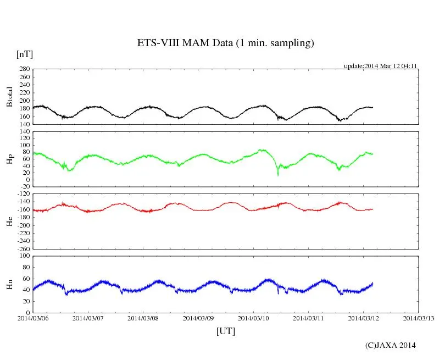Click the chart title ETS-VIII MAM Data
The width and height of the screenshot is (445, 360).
pyautogui.click(x=225, y=43)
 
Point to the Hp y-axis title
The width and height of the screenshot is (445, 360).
pyautogui.click(x=9, y=159)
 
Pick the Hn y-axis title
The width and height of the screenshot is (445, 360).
pyautogui.click(x=9, y=284)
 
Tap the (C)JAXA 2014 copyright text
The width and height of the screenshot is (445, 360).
pyautogui.click(x=390, y=345)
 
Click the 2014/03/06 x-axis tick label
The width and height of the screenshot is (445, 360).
pyautogui.click(x=33, y=318)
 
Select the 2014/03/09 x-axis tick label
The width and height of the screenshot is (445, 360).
pyautogui.click(x=198, y=318)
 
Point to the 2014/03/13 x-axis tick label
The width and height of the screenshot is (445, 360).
pyautogui.click(x=418, y=318)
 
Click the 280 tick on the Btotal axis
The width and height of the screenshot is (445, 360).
pyautogui.click(x=24, y=69)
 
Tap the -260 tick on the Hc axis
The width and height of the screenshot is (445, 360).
pyautogui.click(x=23, y=249)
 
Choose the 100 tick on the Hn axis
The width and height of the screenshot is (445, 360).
pyautogui.click(x=24, y=256)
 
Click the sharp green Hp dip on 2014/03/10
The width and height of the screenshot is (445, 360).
pyautogui.click(x=278, y=174)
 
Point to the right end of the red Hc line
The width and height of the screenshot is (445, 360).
pyautogui.click(x=372, y=209)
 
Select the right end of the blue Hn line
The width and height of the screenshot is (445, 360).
pyautogui.click(x=372, y=283)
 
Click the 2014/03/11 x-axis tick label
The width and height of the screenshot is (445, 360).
pyautogui.click(x=308, y=318)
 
